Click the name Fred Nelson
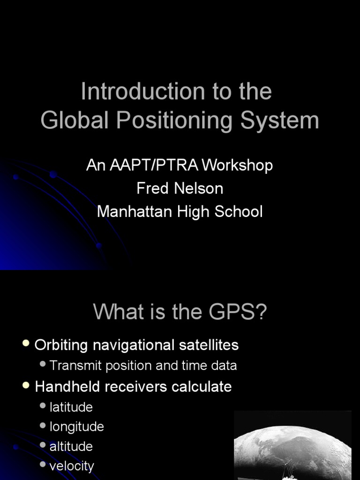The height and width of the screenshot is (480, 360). [x=180, y=188]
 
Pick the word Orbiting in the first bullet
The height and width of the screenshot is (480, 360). [x=61, y=345]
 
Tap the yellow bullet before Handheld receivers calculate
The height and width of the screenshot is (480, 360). [x=26, y=386]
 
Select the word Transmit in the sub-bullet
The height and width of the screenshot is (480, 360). [x=75, y=366]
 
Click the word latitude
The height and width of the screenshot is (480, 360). [x=71, y=407]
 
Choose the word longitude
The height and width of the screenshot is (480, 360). [x=77, y=427]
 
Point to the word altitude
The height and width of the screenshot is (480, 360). [x=71, y=446]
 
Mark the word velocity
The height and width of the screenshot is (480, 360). [x=72, y=466]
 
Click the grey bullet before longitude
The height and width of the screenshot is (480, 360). [x=43, y=426]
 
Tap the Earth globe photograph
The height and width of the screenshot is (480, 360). [x=292, y=448]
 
